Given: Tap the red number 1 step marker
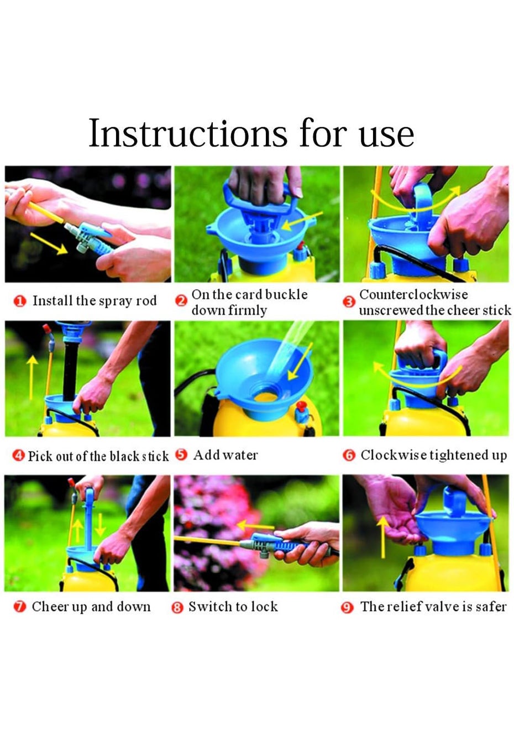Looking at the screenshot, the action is pyautogui.click(x=19, y=301).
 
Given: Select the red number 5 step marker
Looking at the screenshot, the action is pyautogui.click(x=181, y=455).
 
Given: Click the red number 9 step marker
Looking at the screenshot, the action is pyautogui.click(x=347, y=608).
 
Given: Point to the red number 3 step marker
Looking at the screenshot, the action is pyautogui.click(x=349, y=302).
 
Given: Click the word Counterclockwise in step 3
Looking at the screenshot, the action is pyautogui.click(x=413, y=295).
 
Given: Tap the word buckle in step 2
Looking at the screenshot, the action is pyautogui.click(x=286, y=294).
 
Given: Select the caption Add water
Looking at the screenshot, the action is pyautogui.click(x=225, y=455).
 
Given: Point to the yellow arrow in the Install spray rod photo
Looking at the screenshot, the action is pyautogui.click(x=49, y=243).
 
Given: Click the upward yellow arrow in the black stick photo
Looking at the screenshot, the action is pyautogui.click(x=32, y=377).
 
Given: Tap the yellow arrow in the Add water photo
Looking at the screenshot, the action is pyautogui.click(x=300, y=362).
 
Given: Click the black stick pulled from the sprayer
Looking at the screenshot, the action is pyautogui.click(x=70, y=369).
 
